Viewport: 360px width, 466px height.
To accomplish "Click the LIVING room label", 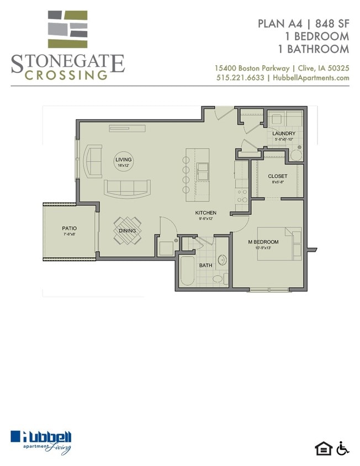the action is [123, 160].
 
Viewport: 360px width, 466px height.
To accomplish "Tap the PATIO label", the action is [69, 228].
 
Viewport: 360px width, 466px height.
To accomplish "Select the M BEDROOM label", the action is [263, 242].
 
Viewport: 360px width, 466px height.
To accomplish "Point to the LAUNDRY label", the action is [284, 134].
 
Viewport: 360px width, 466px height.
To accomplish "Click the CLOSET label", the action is [278, 176].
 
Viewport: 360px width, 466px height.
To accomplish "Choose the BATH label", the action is [206, 265].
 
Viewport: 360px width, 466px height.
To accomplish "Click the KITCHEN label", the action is [206, 213].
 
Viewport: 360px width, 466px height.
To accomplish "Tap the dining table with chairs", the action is [128, 231].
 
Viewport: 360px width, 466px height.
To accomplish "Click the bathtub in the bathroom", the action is [187, 271].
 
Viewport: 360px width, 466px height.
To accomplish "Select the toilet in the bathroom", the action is [220, 279].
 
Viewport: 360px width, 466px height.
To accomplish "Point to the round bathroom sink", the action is [222, 260].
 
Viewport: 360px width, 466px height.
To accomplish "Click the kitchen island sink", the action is [203, 171].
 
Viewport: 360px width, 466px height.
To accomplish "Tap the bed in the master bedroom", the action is [279, 243].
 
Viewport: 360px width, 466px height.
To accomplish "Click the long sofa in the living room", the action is [127, 188].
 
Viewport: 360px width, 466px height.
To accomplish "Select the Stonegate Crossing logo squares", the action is [68, 29].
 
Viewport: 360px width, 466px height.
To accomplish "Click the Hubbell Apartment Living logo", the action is [41, 442].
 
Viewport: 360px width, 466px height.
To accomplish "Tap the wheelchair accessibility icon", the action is [343, 448].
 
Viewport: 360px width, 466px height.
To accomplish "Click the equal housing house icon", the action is [324, 449].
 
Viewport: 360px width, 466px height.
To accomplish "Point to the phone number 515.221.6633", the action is [240, 78].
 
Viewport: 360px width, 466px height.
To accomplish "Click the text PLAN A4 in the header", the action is [280, 24].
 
